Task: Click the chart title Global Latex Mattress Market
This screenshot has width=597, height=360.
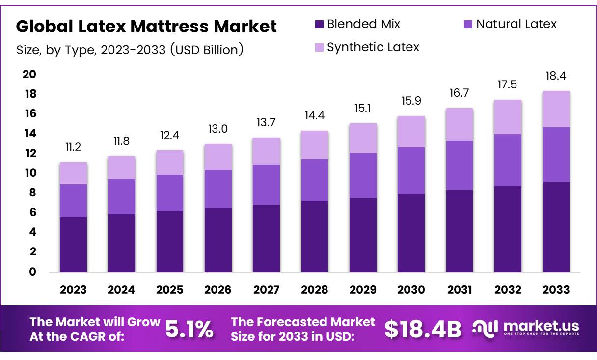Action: pyautogui.click(x=146, y=26)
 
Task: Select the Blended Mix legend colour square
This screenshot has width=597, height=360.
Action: pyautogui.click(x=319, y=24)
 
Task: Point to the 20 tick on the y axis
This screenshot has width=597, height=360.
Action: pyautogui.click(x=29, y=74)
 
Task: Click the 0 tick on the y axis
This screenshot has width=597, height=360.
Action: pyautogui.click(x=32, y=272)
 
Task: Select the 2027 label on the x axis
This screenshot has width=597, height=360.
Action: pyautogui.click(x=267, y=290)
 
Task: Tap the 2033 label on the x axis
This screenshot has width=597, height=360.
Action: pyautogui.click(x=556, y=290)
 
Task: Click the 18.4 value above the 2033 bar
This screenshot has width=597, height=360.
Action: pyautogui.click(x=556, y=76)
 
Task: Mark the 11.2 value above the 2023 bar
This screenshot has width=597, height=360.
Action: pyautogui.click(x=73, y=148)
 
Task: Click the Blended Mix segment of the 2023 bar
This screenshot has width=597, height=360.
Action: pyautogui.click(x=73, y=244)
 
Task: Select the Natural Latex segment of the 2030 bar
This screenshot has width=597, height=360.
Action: pyautogui.click(x=411, y=170)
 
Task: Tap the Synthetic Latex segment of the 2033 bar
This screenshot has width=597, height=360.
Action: pyautogui.click(x=556, y=109)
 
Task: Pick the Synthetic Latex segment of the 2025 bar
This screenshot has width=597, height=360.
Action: pyautogui.click(x=170, y=163)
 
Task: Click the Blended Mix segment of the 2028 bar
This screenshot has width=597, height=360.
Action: pyautogui.click(x=315, y=236)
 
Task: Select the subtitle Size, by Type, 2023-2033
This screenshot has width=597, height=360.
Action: pyautogui.click(x=130, y=50)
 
